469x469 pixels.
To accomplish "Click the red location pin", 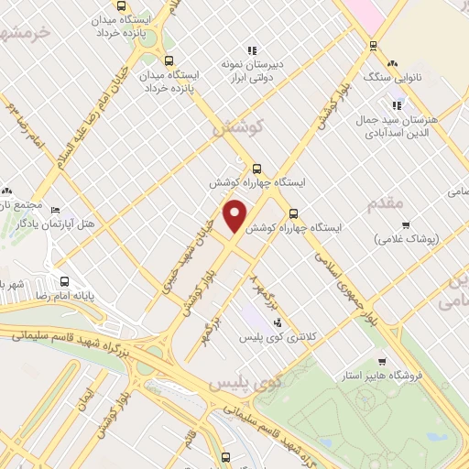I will [x=235, y=216].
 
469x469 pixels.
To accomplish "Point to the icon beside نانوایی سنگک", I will [x=393, y=63].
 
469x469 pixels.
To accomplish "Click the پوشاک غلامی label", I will [x=408, y=238].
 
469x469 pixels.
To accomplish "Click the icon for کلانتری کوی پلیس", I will [x=277, y=322].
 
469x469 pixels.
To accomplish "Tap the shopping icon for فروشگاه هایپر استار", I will [x=381, y=361].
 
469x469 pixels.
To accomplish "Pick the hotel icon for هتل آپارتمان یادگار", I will [x=56, y=211].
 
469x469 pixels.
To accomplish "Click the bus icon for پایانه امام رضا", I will [x=64, y=281].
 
